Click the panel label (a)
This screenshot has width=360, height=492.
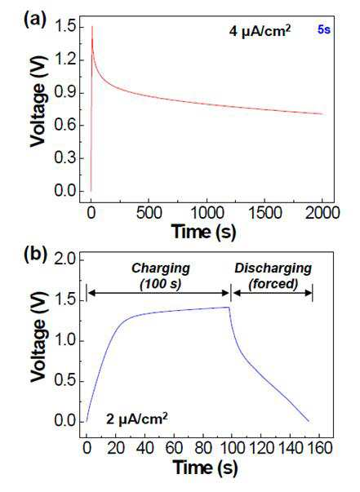35,20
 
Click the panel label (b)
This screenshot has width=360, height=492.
35,253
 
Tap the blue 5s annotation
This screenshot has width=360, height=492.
324,30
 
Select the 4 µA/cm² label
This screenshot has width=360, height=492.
260,31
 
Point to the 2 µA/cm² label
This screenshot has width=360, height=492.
137,419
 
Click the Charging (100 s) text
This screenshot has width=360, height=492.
161,276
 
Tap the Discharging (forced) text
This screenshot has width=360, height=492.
273,276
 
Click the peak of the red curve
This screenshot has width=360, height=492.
92,27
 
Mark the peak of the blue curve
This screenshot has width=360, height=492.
229,307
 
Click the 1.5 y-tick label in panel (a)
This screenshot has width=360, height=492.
64,28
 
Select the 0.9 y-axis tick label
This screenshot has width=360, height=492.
64,92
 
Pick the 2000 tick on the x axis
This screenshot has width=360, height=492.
322,213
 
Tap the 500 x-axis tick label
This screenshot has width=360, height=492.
149,213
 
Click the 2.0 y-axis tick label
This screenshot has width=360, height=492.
64,260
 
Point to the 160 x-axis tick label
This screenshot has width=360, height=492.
319,448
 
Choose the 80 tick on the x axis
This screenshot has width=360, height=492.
202,448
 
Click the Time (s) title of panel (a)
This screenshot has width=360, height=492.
204,232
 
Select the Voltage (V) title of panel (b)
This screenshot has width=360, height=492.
38,337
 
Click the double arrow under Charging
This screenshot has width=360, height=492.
159,293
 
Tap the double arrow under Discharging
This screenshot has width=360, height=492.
273,293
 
